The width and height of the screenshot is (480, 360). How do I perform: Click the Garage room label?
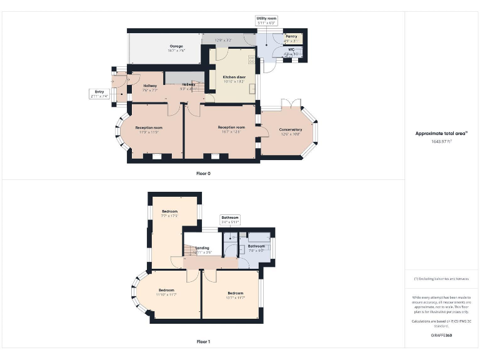click(176, 46)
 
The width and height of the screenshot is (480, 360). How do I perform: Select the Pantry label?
click(291, 36)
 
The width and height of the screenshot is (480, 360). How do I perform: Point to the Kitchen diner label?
click(234, 77)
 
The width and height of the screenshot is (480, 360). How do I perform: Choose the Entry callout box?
click(99, 94)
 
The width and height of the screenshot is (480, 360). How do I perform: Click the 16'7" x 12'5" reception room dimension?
click(231, 132)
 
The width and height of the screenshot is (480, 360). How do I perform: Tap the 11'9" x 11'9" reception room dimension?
click(149, 132)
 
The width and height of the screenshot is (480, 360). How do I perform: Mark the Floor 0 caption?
click(204, 173)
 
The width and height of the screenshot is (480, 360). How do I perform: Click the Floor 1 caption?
click(204, 342)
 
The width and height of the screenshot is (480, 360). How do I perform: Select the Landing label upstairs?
click(202, 248)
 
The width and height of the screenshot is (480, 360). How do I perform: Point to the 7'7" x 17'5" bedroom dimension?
click(170, 216)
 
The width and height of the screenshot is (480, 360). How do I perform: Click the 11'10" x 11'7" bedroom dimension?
click(166, 294)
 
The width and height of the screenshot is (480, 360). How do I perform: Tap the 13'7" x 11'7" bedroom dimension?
click(235, 297)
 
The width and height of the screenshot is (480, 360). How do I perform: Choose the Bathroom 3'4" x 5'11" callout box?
click(230, 219)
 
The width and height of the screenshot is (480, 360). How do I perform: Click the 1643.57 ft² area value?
click(441, 141)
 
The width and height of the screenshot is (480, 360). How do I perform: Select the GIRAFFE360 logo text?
click(441, 336)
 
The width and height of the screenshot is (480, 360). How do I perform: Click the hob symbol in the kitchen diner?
click(252, 60)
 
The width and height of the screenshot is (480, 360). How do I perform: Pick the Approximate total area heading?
click(441, 133)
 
